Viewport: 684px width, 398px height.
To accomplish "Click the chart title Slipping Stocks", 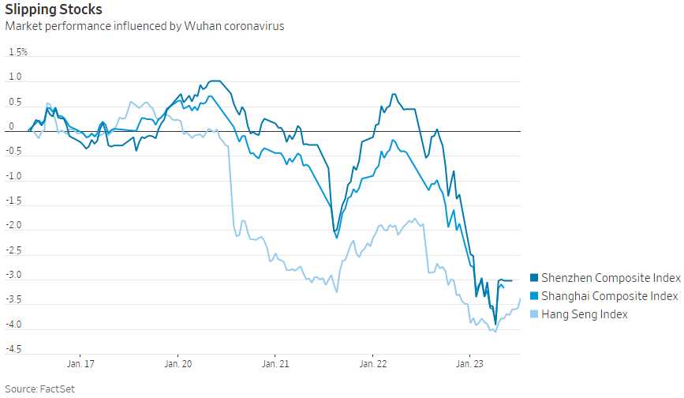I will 54,9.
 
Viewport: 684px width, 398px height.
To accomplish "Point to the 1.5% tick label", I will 17,52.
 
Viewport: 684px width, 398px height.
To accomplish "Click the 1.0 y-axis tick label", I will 15,77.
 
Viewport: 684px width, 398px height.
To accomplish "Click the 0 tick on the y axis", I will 11,126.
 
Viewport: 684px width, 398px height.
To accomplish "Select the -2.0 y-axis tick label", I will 14,226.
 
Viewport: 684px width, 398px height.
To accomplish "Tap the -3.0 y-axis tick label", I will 14,276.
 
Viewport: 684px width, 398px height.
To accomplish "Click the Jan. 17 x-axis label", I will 80,364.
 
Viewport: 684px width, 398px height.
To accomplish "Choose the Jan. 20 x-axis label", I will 178,364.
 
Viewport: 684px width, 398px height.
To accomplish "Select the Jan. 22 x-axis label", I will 372,364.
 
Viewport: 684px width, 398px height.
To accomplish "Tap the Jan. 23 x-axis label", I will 469,364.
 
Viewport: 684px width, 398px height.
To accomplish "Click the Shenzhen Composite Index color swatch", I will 533,278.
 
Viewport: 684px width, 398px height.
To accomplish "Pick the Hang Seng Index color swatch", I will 533,314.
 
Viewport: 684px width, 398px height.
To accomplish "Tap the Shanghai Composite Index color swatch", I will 533,296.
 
